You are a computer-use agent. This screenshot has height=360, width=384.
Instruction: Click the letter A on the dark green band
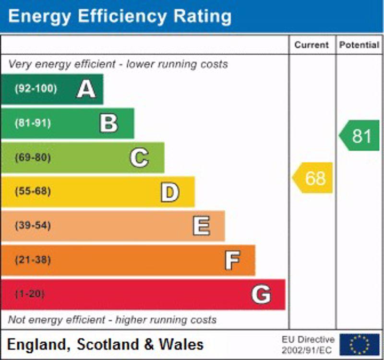(86, 89)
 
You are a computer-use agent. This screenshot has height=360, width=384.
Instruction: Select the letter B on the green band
(108, 123)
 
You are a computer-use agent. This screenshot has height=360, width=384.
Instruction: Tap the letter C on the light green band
(139, 157)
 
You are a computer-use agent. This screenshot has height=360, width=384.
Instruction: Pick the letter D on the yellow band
(169, 192)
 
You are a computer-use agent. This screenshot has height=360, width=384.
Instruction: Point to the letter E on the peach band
(201, 226)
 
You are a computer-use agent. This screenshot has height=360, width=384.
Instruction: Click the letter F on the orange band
(232, 260)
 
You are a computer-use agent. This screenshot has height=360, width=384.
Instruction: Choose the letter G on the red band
(261, 294)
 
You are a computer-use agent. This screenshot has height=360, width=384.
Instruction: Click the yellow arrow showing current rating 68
(313, 178)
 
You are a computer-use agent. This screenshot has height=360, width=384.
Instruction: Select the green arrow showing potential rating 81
(360, 136)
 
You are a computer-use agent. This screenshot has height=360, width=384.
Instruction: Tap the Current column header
(312, 45)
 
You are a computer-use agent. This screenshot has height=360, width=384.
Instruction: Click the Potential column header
(359, 45)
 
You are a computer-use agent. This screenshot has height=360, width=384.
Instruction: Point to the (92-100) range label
(36, 89)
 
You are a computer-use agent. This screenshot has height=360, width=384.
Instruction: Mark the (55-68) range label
(33, 192)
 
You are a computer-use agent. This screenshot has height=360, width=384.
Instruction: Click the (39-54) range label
(33, 226)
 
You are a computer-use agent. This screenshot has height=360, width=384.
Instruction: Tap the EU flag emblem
(359, 344)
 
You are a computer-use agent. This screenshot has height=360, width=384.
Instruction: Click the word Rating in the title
(196, 16)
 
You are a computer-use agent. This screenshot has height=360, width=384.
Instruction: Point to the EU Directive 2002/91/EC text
(308, 344)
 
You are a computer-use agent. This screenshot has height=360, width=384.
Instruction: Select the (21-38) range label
(33, 260)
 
